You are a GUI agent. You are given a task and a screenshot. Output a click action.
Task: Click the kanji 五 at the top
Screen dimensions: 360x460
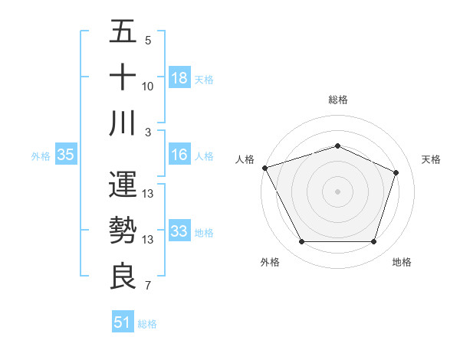pyautogui.click(x=123, y=34)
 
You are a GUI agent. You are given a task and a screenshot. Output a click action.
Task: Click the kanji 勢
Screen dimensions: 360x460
pyautogui.click(x=123, y=231)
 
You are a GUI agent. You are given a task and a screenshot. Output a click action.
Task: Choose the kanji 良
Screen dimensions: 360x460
pyautogui.click(x=123, y=276)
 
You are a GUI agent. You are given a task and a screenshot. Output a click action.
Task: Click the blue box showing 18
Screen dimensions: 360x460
pyautogui.click(x=179, y=77)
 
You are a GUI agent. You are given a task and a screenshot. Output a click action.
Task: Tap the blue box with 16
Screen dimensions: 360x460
pyautogui.click(x=179, y=155)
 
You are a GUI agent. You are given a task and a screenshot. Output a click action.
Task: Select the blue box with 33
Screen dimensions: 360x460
pyautogui.click(x=179, y=231)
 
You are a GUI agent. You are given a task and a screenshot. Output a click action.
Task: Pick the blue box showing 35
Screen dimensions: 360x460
pyautogui.click(x=65, y=155)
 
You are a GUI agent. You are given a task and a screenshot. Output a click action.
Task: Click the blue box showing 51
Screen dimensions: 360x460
pyautogui.click(x=123, y=322)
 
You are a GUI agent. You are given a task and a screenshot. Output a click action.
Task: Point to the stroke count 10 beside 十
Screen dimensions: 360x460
pyautogui.click(x=148, y=87)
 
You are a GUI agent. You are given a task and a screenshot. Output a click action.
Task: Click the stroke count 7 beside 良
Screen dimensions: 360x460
pyautogui.click(x=148, y=286)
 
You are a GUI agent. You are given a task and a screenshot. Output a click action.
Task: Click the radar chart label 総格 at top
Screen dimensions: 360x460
pyautogui.click(x=338, y=100)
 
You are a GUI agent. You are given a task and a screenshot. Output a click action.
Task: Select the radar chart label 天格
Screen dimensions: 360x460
pyautogui.click(x=431, y=159)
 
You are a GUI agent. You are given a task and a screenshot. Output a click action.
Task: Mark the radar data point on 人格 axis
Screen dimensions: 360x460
pyautogui.click(x=264, y=168)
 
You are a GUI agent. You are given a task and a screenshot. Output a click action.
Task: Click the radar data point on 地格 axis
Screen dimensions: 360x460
pyautogui.click(x=374, y=242)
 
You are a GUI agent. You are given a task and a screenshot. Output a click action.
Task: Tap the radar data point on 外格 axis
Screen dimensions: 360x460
pyautogui.click(x=301, y=242)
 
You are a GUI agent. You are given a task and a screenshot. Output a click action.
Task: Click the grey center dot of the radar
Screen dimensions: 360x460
pyautogui.click(x=338, y=191)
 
